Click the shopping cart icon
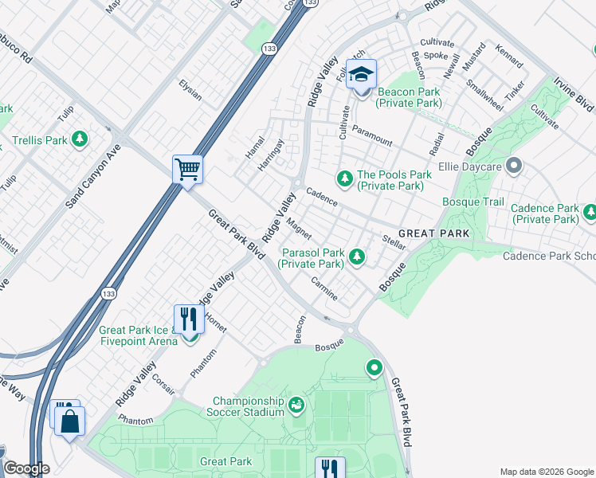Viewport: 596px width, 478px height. pos(187,169)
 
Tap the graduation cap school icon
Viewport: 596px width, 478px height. pos(362,75)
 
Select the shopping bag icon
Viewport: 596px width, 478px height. pos(69,421)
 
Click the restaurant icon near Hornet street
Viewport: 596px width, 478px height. pos(189,319)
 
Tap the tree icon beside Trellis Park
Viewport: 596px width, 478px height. pos(79,140)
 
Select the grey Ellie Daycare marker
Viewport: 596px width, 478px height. pos(514,167)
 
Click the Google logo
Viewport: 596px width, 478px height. pos(26,468)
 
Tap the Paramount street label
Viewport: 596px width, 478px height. pos(372,136)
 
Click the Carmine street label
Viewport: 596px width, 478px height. pos(325,290)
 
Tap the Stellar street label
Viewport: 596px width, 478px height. pos(394,242)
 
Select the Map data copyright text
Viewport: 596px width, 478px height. pos(546,471)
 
